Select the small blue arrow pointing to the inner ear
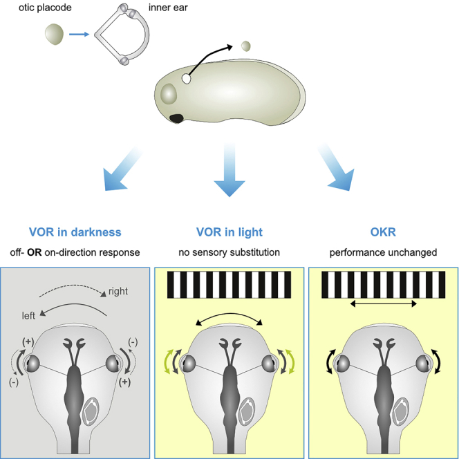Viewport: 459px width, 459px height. (x=78, y=32)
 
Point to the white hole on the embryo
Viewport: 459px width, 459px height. (x=186, y=79)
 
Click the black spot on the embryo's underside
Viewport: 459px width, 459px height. (x=177, y=118)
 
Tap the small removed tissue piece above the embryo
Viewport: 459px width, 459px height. (x=245, y=46)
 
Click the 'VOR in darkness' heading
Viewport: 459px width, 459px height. (x=76, y=232)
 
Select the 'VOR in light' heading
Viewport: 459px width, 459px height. (x=230, y=232)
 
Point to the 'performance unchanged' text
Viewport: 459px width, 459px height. (x=382, y=252)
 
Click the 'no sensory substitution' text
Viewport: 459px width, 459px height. (x=230, y=252)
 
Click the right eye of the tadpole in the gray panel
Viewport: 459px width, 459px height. (x=113, y=362)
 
